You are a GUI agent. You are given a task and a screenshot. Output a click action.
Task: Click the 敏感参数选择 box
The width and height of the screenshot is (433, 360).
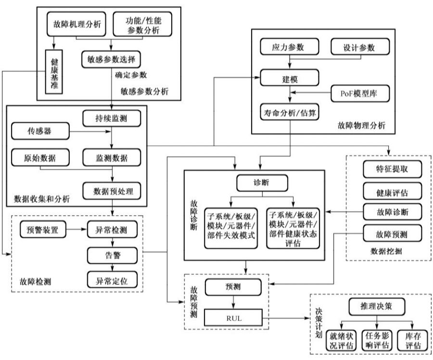coord(111,60)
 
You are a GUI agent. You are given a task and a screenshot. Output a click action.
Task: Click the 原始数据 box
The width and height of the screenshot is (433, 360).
coord(40,157)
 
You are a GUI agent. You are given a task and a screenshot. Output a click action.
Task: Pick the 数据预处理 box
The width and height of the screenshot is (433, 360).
coord(112,191)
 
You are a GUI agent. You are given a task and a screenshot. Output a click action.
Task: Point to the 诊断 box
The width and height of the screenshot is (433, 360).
coord(262,183)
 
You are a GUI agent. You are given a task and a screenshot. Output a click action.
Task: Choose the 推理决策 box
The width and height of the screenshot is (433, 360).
coord(375,306)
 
